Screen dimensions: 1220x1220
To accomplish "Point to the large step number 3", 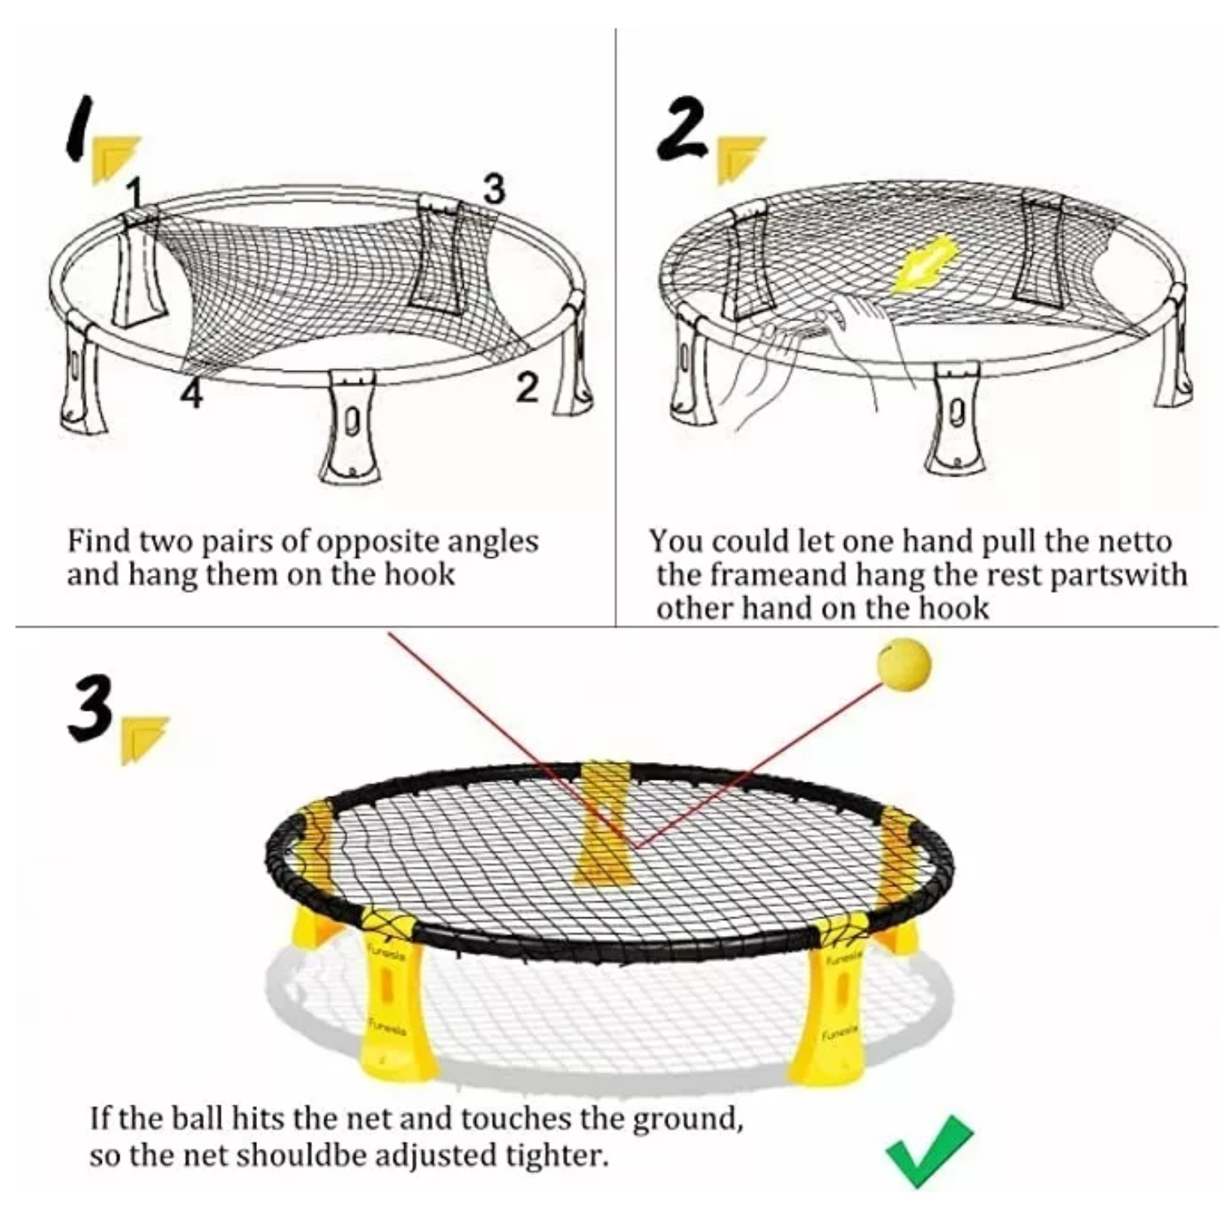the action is (x=89, y=713).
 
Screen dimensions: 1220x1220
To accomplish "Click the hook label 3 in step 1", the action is (x=494, y=190).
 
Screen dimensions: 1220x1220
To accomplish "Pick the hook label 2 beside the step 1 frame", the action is (x=527, y=390).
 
